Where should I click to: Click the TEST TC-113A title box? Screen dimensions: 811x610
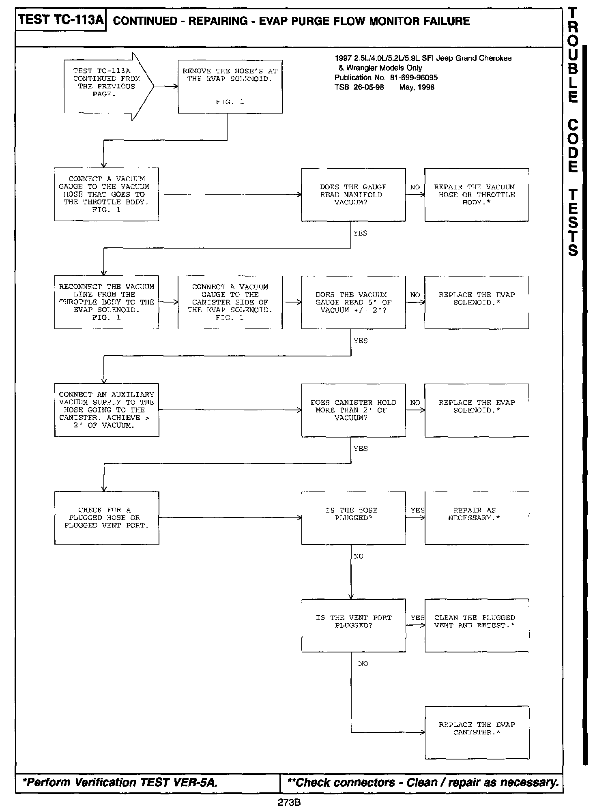(61, 20)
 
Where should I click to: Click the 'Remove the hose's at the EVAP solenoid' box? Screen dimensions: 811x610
(230, 86)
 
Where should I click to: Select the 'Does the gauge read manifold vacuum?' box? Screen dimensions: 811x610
(353, 195)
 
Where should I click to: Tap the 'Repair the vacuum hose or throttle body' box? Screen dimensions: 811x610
(477, 195)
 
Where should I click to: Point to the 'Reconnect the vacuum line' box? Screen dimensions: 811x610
(107, 302)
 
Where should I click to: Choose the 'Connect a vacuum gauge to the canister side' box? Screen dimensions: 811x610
(230, 302)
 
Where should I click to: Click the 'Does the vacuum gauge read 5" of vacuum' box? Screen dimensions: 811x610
(353, 302)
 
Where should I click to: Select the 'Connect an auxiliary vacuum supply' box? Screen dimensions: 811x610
(107, 410)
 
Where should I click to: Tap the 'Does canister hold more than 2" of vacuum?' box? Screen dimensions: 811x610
(353, 410)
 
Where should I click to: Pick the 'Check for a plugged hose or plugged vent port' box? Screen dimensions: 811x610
(107, 518)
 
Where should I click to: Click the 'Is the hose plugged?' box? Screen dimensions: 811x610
(353, 518)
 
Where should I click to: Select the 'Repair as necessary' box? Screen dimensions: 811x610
(477, 518)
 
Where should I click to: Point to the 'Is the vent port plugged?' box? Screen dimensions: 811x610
(353, 625)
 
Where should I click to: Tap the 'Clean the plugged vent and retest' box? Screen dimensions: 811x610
(477, 625)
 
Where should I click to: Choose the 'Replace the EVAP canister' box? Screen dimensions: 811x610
(477, 732)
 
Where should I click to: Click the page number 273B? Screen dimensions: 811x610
(289, 802)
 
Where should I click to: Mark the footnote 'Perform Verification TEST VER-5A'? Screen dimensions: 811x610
(121, 782)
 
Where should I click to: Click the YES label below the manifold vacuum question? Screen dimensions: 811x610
(360, 233)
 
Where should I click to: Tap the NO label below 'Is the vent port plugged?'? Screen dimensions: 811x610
(363, 664)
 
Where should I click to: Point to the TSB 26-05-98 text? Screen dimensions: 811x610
(359, 87)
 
